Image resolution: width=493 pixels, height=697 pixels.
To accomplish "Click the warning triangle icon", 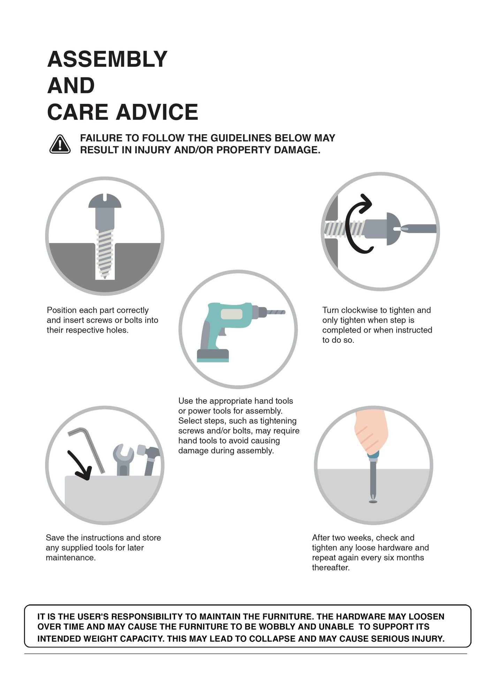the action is point(60,144).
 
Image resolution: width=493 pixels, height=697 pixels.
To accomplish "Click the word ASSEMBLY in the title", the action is point(107,59).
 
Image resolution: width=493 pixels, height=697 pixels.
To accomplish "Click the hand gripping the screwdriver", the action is point(371,431).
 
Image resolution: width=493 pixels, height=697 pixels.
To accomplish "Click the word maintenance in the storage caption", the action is point(71,558).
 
